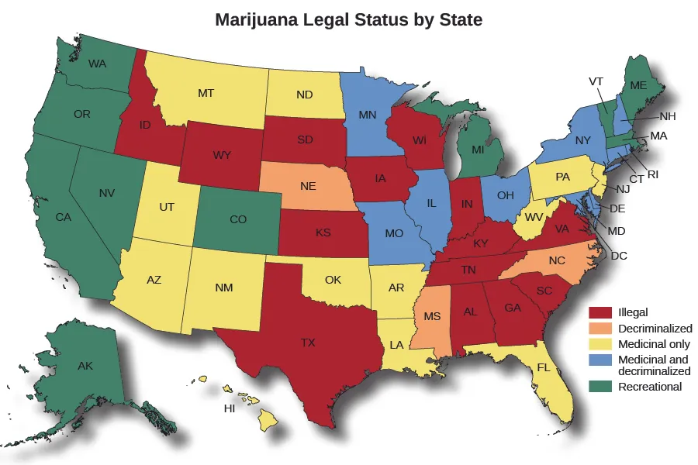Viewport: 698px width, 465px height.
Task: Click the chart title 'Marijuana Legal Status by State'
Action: [x=348, y=19]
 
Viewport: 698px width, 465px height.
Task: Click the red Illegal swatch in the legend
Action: [x=602, y=313]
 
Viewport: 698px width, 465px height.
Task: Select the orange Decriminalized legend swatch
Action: [x=602, y=329]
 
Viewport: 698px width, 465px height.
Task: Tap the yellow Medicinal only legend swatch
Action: [x=602, y=344]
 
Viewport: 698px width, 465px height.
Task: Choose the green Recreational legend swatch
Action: [x=602, y=387]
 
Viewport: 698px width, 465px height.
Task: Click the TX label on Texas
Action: [x=309, y=342]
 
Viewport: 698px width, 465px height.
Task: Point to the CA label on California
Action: [x=64, y=218]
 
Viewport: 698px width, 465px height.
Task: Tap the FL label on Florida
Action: [x=544, y=367]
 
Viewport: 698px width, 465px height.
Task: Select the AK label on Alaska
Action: [x=85, y=366]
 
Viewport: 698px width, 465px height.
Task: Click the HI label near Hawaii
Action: [x=230, y=408]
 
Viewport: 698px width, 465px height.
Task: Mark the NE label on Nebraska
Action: [x=307, y=187]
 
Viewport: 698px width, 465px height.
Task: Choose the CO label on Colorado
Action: [x=238, y=220]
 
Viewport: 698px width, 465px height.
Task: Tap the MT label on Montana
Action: [x=206, y=93]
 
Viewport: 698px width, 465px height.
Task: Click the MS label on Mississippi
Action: [x=431, y=317]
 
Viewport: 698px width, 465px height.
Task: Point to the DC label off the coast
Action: [x=619, y=255]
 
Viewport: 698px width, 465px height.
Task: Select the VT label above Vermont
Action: [x=596, y=81]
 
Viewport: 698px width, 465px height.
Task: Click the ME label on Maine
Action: [x=638, y=85]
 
